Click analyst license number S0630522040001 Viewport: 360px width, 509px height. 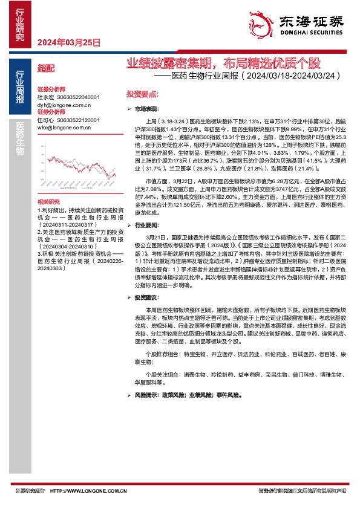[78, 97]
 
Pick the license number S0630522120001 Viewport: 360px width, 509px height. [78, 120]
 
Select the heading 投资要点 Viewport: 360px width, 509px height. [142, 95]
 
